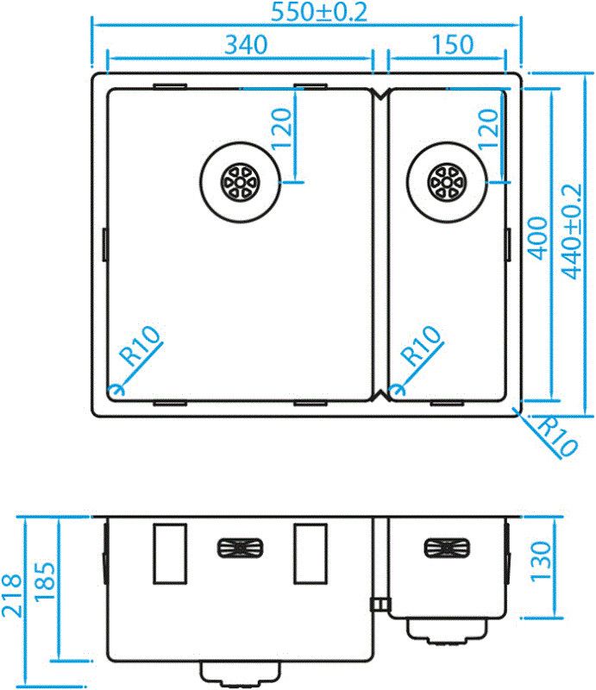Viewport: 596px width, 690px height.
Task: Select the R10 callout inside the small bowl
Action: tap(423, 348)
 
